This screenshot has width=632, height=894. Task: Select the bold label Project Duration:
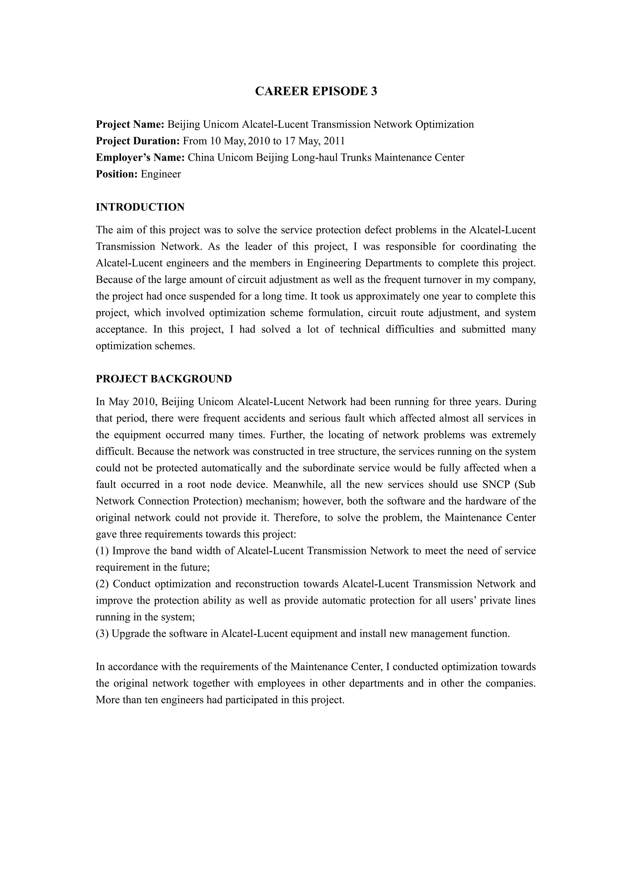[137, 141]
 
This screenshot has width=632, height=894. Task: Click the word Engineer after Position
[161, 174]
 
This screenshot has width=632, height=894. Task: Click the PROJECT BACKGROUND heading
[164, 379]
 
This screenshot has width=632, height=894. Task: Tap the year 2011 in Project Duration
[334, 141]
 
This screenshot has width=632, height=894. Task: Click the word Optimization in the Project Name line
[444, 125]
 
